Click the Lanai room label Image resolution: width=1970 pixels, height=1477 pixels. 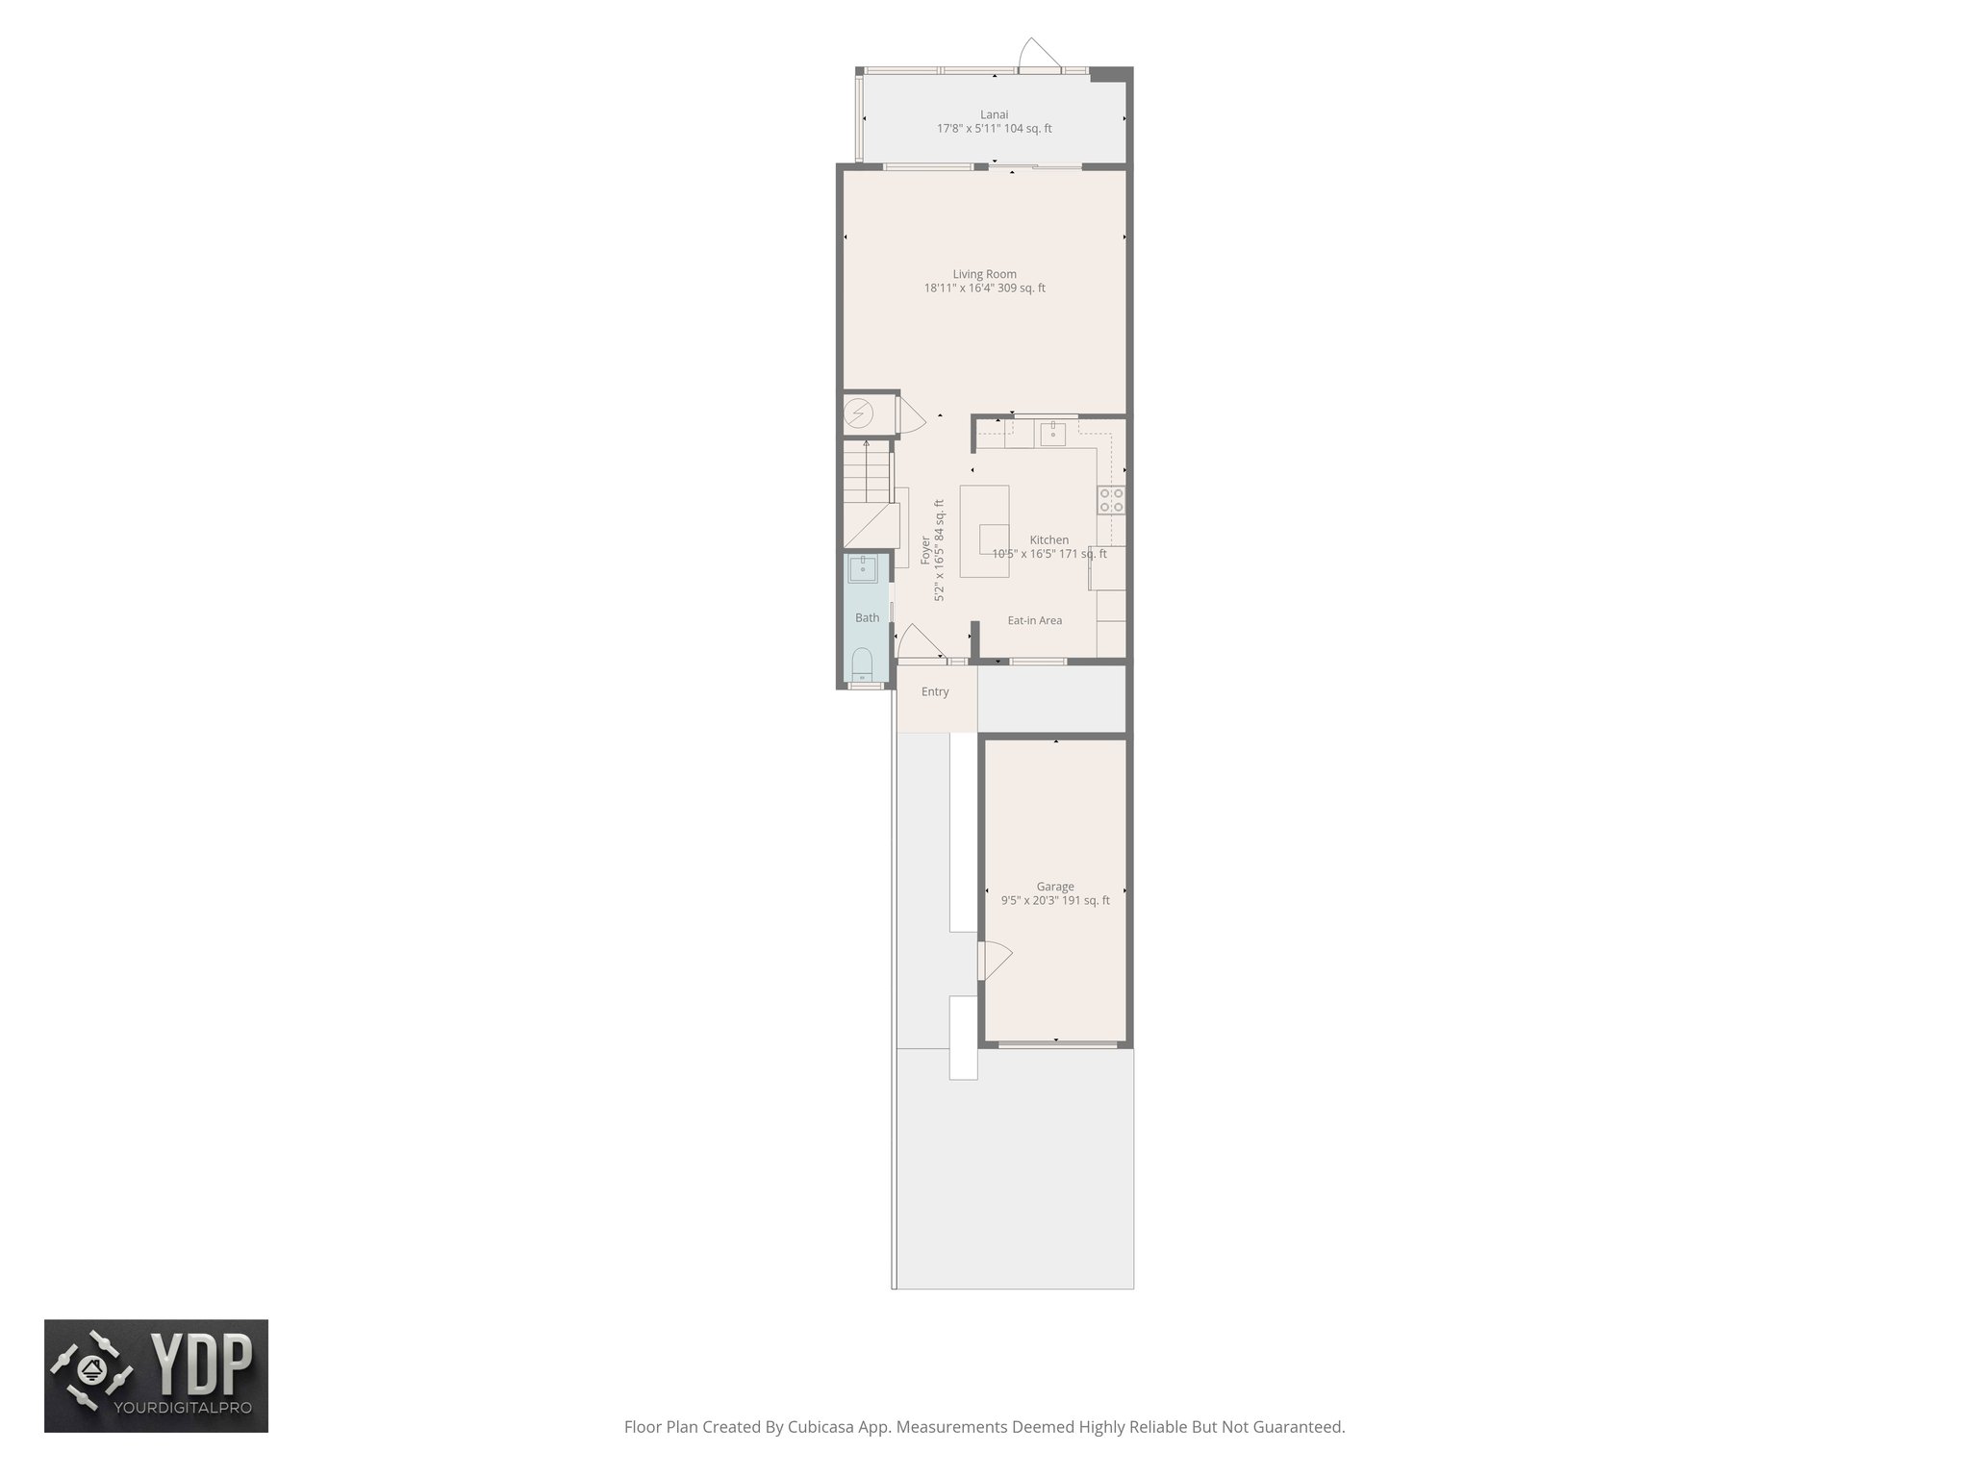pos(994,114)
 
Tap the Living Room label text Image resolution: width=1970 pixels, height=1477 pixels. pos(984,274)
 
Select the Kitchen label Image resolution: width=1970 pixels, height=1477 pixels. pos(1048,540)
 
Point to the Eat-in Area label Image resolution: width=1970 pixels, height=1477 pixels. pos(1034,620)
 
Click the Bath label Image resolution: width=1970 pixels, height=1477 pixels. pos(867,618)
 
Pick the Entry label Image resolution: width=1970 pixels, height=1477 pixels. pos(934,691)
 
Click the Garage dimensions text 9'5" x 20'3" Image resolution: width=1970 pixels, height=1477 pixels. pos(1054,901)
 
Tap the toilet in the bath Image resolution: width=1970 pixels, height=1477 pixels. pos(862,664)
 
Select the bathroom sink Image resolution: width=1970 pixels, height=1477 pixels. pos(863,568)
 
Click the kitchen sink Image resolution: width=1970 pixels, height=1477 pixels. pos(1052,433)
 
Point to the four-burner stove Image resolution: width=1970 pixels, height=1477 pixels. pos(1111,499)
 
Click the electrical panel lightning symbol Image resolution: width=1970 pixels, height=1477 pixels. pos(858,414)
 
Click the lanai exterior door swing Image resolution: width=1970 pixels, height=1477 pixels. pos(1039,53)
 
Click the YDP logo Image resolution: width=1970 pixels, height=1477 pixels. pos(156,1375)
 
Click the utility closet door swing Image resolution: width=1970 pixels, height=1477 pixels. pos(911,418)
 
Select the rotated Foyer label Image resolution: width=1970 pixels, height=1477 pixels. pos(925,550)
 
